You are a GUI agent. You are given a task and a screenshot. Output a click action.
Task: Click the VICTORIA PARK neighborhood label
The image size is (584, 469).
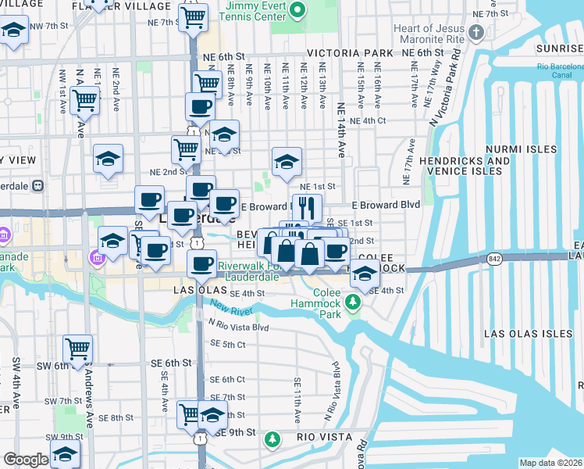tap(350, 53)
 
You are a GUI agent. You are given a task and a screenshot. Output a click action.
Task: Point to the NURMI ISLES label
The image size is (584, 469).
tap(521, 149)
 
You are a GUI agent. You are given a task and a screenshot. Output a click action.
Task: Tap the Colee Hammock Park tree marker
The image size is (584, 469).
tap(354, 302)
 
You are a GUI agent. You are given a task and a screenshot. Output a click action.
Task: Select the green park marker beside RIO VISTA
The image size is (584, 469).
tap(272, 440)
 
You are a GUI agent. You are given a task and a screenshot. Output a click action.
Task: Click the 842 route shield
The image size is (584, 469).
tap(493, 258)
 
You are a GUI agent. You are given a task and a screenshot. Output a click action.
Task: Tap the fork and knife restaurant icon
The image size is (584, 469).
tap(308, 207)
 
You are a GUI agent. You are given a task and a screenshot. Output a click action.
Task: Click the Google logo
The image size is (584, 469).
tap(26, 460)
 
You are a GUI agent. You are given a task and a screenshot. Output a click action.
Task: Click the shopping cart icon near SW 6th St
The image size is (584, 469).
tap(77, 349)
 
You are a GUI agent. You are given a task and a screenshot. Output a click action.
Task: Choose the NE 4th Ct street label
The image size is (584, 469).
tap(369, 120)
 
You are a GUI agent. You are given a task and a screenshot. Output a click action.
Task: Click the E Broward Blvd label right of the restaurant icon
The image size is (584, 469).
tap(386, 205)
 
